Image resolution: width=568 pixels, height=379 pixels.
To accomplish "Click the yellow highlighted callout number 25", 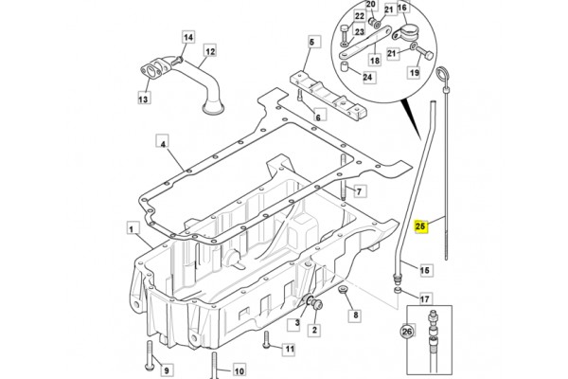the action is tap(420, 226).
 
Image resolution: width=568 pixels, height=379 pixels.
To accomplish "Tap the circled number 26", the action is tap(407, 331).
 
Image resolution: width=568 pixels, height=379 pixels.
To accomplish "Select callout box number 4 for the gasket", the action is tap(163, 144).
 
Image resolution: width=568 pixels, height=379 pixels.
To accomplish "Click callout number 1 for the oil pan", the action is tap(132, 229).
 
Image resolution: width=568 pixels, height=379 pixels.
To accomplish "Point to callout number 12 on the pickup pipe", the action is tap(210, 51).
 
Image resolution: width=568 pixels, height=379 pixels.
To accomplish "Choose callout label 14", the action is tap(188, 37).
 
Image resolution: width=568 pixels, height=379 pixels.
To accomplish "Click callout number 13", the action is tap(144, 99).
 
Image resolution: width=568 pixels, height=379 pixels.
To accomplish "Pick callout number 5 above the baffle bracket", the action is tap(311, 42).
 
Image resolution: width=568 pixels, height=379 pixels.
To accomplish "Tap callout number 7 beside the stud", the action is tap(359, 191).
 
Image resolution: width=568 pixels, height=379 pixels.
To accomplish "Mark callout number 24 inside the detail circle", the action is tap(367, 77).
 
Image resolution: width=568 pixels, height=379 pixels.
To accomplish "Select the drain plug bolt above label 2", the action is tap(318, 306).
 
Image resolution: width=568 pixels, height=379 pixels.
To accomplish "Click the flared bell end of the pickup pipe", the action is tap(213, 108).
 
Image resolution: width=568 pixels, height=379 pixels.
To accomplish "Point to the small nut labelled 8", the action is tap(343, 289).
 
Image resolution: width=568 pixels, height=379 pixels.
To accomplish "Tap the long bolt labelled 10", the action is tap(214, 365).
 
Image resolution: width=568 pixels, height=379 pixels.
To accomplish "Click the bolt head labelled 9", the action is tap(150, 367).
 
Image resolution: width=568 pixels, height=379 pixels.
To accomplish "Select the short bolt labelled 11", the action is tap(267, 340).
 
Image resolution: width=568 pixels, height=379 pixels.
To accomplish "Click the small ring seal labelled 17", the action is tap(398, 290).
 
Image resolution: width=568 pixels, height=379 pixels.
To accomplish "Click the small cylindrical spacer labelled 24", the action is tap(345, 66).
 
